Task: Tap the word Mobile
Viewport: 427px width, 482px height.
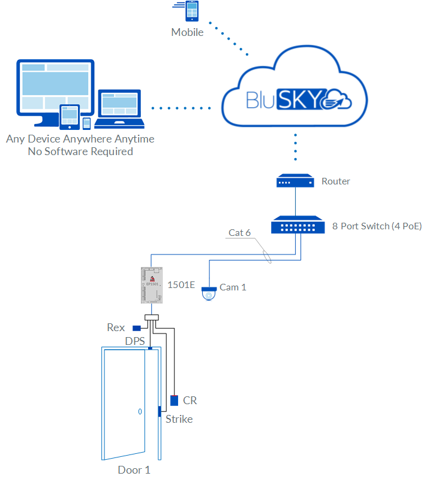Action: (x=187, y=32)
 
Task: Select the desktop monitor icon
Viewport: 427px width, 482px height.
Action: (x=54, y=90)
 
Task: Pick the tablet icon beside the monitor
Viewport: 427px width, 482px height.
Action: (x=70, y=116)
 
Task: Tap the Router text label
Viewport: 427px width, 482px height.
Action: (x=336, y=181)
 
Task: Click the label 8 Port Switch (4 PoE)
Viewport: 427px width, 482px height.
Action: (x=377, y=226)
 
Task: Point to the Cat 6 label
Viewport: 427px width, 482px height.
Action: (x=239, y=232)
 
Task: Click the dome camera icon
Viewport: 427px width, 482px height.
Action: (x=209, y=292)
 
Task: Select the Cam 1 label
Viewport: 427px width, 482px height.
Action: (x=233, y=287)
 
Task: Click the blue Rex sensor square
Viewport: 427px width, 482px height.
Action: (x=137, y=328)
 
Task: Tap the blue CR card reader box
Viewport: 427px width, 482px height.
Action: (x=175, y=400)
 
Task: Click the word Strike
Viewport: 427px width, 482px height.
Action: (x=179, y=419)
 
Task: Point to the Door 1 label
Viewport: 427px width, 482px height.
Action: (x=134, y=470)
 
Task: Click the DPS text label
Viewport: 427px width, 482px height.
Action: (x=135, y=341)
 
